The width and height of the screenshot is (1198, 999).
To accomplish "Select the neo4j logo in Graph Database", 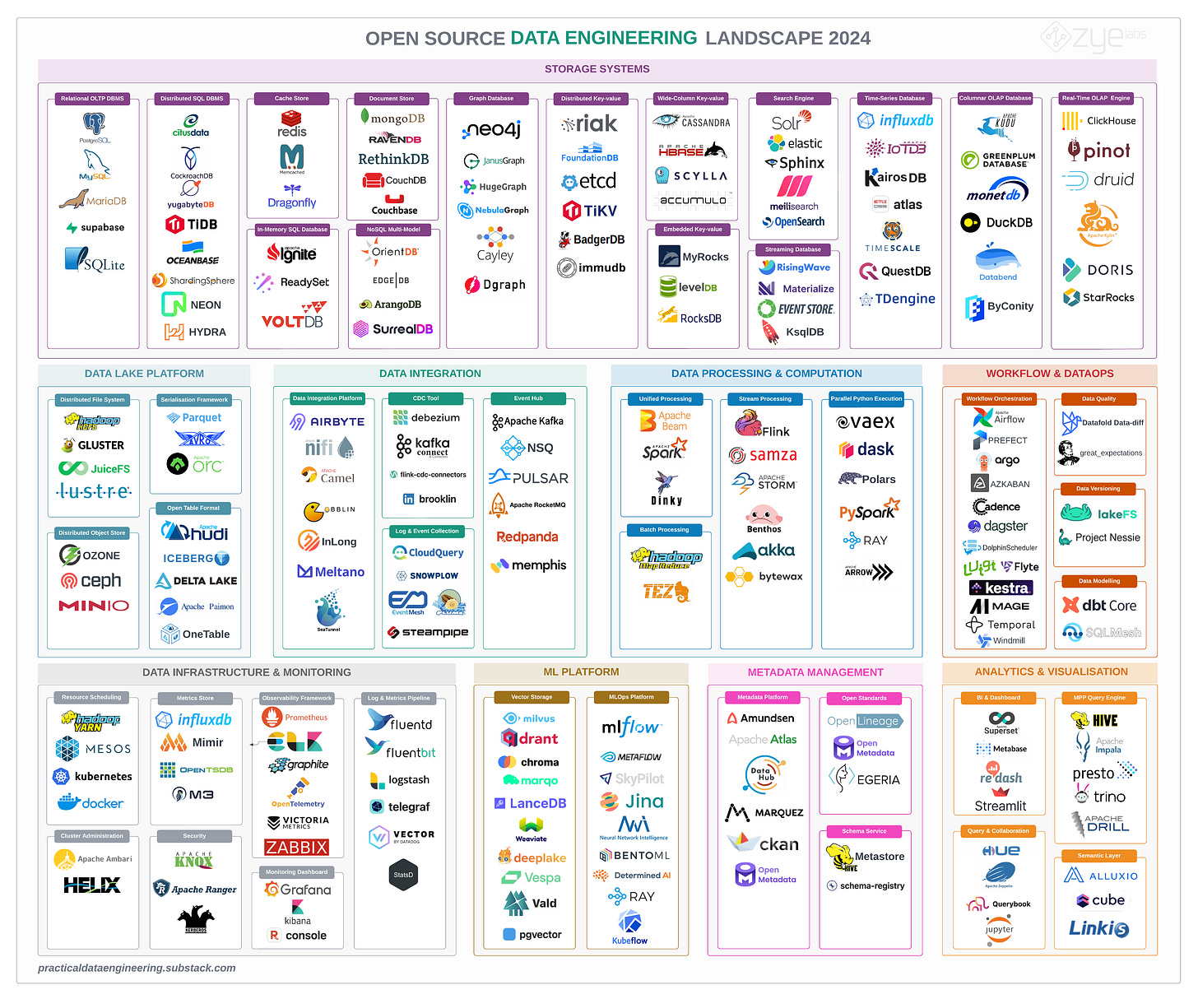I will tap(493, 129).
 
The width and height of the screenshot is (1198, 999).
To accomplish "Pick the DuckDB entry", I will tap(996, 222).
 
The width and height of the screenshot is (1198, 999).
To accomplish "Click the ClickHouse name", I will tap(1111, 121).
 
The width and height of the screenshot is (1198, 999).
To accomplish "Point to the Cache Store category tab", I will tap(291, 99).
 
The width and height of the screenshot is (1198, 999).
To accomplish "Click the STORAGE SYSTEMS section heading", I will tap(597, 69).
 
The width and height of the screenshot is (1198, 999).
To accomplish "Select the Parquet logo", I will tap(194, 418).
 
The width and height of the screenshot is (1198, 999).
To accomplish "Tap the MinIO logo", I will tap(94, 606).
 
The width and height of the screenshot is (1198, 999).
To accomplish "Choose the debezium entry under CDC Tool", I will tap(427, 418).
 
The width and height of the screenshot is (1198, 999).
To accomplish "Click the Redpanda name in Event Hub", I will tap(527, 537).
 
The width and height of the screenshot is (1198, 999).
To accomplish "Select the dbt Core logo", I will tap(1099, 606).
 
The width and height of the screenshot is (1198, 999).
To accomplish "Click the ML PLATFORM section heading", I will tap(581, 672).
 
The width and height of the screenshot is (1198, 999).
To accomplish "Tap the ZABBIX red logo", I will tap(296, 847).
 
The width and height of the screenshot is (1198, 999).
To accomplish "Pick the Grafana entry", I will tap(297, 890).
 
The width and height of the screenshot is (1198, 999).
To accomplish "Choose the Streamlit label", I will tap(1001, 806).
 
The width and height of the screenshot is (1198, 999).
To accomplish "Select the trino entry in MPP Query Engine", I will tap(1100, 796).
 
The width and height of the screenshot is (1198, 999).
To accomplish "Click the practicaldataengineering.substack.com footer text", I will tap(137, 968).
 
